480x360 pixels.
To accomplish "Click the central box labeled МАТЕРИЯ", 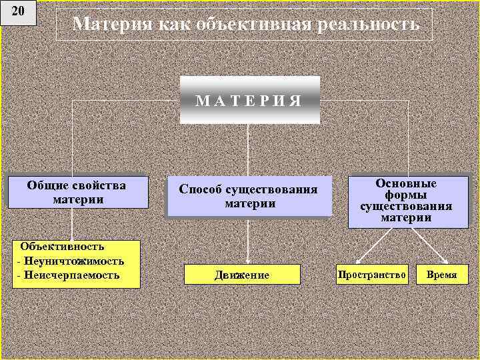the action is click(249, 100).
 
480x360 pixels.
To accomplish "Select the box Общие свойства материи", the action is click(77, 192).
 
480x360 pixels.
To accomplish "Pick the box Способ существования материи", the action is click(249, 196).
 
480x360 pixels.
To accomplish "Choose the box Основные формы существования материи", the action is click(406, 203).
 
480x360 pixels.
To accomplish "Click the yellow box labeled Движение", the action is click(242, 275).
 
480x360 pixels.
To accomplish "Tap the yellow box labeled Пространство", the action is click(372, 274).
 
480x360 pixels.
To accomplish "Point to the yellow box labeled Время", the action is click(442, 274).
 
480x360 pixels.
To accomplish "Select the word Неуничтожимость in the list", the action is click(73, 261).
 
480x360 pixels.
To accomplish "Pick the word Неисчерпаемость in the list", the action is click(71, 275).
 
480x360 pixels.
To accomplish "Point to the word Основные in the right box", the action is click(405, 183).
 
